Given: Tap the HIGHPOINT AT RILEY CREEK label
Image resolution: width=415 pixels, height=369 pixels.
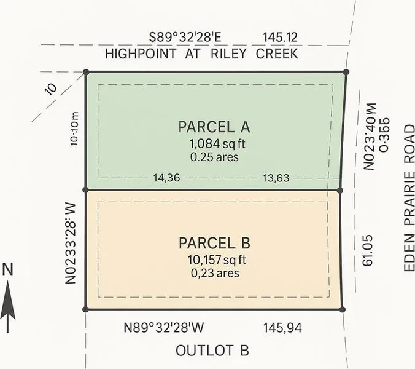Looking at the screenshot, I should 201,54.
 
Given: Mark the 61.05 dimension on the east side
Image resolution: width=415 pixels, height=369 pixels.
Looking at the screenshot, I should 368,253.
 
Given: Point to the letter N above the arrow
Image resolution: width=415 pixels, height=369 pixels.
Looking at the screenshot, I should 8,269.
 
